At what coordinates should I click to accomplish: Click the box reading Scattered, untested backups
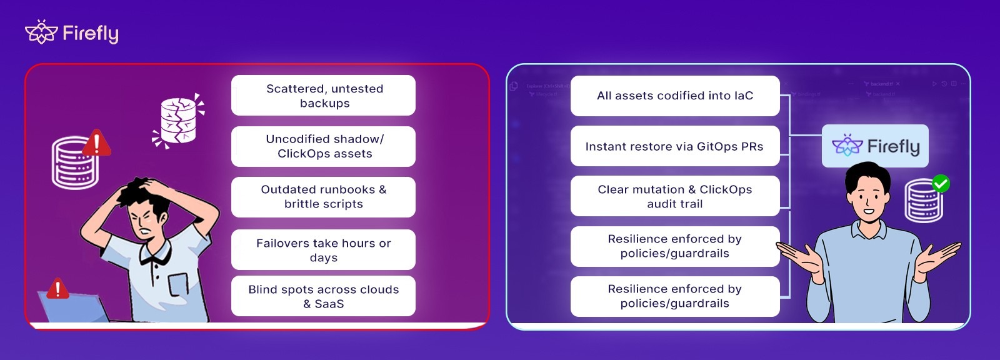tap(323, 96)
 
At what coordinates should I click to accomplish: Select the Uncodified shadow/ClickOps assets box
tap(323, 146)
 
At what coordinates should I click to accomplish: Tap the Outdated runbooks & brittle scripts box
tap(323, 197)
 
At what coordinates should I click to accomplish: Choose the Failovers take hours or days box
tap(323, 250)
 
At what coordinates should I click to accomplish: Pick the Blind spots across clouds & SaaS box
tap(323, 296)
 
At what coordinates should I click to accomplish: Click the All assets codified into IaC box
tap(675, 96)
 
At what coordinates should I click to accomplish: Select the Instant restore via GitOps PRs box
tap(675, 146)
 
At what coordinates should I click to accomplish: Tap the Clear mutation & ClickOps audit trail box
tap(675, 196)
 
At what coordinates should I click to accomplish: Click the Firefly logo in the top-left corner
tap(72, 32)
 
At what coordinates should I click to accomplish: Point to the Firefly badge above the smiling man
tap(875, 146)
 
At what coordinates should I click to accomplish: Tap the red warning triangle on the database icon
tap(96, 143)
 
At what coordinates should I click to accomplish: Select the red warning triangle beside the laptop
tap(58, 289)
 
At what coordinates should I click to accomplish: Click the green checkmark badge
tap(941, 184)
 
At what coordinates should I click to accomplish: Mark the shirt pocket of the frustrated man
tap(177, 285)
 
